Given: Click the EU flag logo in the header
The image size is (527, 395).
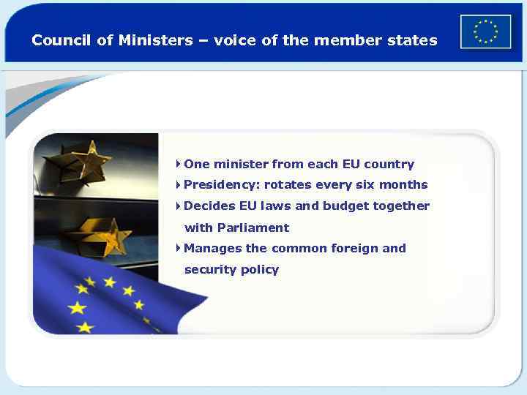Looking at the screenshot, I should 485,31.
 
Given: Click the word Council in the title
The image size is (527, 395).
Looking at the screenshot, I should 62,40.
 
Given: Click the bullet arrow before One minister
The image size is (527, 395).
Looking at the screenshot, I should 179,164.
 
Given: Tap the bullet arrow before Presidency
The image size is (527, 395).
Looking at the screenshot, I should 179,184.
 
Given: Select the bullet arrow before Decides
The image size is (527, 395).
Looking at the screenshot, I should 179,206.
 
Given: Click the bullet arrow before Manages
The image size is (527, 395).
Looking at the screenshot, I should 179,248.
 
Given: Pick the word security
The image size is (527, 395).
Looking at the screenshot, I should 210,269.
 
